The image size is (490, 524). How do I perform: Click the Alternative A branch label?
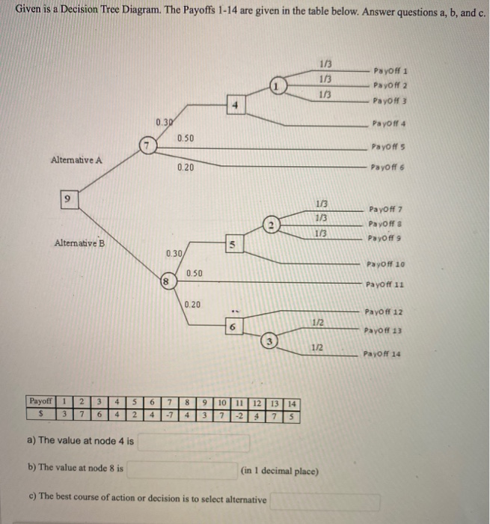pos(77,159)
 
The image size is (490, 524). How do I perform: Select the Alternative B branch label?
pos(80,243)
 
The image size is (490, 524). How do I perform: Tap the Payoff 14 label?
pos(385,355)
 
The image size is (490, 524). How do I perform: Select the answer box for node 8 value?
pos(182,469)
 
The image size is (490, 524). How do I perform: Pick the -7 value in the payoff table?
pos(171,415)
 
